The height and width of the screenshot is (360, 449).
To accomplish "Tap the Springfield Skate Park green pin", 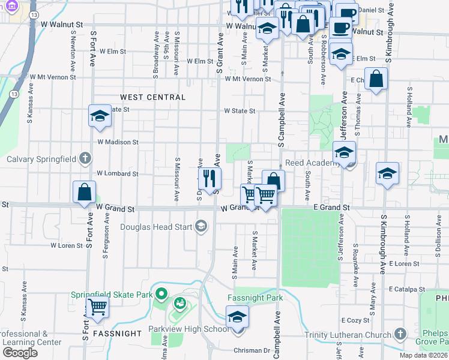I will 161,294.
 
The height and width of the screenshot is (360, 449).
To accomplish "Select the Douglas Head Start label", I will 156,227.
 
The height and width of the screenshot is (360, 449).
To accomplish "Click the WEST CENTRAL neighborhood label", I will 152,97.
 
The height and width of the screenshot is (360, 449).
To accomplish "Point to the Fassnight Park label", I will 255,298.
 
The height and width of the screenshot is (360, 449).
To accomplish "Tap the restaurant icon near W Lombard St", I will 209,178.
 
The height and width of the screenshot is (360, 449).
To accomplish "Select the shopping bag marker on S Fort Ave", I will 85,192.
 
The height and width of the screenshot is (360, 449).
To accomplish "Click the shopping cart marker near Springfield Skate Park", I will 97,307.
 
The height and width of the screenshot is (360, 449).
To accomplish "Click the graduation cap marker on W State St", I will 100,115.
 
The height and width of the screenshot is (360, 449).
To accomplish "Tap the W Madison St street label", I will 118,142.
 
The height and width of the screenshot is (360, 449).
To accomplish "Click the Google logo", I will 20,353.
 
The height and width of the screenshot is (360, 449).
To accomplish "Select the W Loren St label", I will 67,245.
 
